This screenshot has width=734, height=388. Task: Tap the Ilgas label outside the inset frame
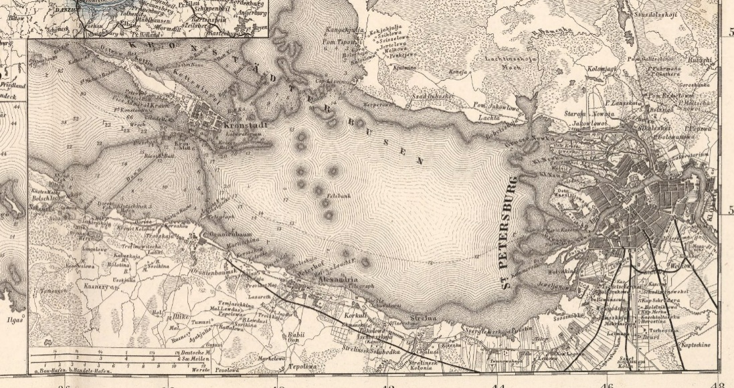tap(15, 320)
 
